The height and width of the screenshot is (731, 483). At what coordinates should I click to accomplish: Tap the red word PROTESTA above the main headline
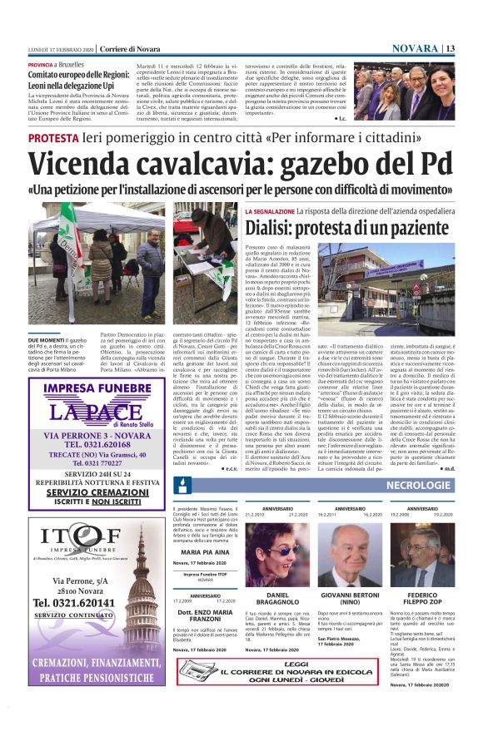pyautogui.click(x=53, y=138)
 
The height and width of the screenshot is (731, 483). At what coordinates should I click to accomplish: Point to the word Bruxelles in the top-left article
pyautogui.click(x=72, y=64)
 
